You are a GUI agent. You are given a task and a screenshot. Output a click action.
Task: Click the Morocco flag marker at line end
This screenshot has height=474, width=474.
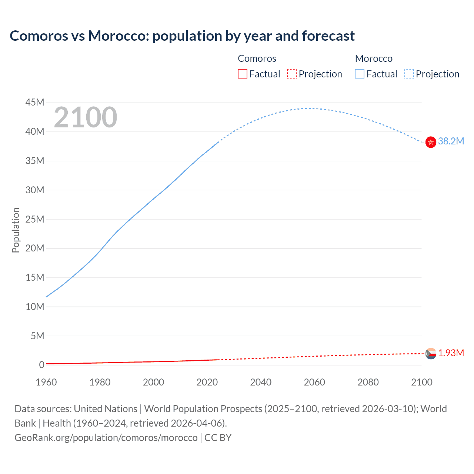[431, 142]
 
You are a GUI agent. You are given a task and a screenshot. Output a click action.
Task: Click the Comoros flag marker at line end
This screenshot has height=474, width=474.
[431, 354]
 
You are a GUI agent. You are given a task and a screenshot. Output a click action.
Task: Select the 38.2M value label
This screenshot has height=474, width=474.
[451, 141]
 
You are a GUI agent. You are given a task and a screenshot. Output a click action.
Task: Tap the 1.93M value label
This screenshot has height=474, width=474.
[451, 353]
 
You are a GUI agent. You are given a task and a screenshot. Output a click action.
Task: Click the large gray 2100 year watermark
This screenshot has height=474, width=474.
[86, 117]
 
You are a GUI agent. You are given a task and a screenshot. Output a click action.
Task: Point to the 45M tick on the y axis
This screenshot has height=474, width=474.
[35, 102]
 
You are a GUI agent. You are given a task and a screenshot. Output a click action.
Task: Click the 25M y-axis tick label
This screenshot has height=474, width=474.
[35, 219]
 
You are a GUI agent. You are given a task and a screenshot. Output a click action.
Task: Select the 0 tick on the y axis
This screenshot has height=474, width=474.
[41, 365]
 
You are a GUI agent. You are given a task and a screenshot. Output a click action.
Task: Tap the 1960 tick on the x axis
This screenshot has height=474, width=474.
[46, 382]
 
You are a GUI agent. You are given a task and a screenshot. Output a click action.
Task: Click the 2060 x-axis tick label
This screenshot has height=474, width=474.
[314, 382]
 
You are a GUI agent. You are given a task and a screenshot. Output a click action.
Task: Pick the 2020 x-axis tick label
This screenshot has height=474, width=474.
[207, 382]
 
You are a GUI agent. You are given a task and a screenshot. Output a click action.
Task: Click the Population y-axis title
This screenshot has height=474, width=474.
[16, 230]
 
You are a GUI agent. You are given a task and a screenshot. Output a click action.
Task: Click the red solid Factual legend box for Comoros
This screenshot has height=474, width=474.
[242, 74]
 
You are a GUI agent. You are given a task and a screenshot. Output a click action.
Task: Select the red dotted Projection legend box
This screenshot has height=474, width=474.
[292, 74]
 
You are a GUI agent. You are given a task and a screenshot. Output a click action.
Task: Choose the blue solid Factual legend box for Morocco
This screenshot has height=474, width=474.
[360, 74]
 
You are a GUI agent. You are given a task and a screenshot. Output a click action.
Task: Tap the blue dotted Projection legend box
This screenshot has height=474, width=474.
[409, 74]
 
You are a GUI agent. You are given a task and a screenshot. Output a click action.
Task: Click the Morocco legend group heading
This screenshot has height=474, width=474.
[374, 59]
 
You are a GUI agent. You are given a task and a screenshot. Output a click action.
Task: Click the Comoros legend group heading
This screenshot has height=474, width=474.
[257, 59]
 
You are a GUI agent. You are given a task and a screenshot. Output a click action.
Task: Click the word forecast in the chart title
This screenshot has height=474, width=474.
[328, 36]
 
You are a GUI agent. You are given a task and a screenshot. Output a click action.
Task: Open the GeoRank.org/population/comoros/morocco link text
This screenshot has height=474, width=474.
[106, 438]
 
